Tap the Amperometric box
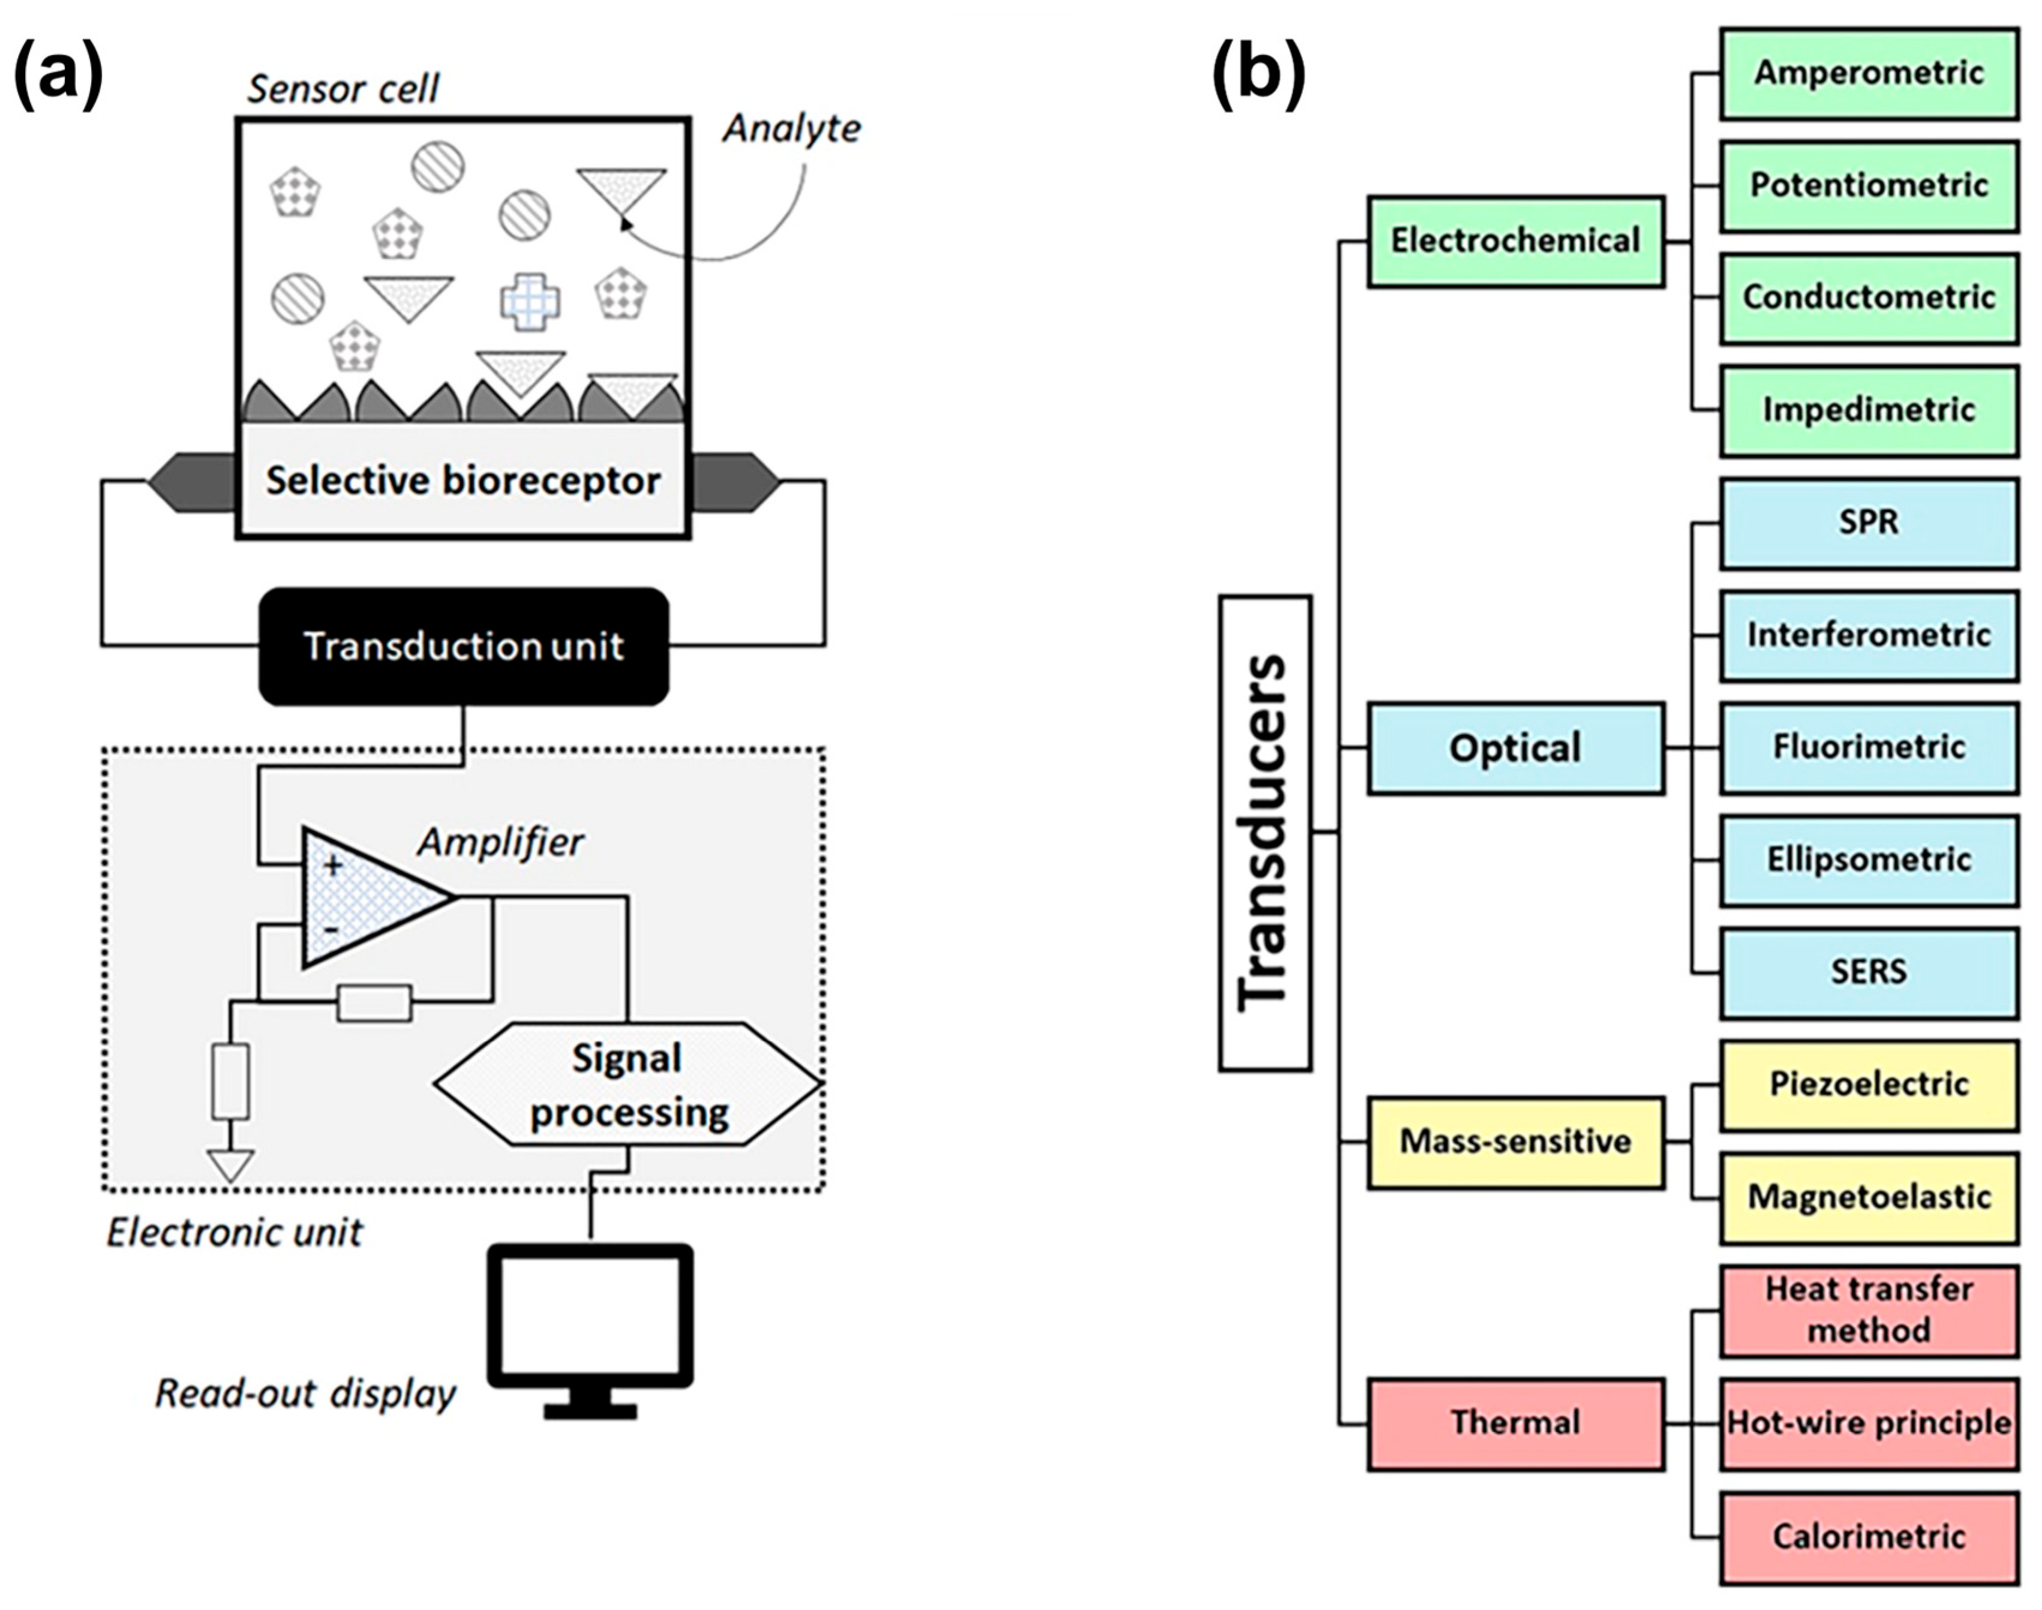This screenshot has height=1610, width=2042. [1869, 74]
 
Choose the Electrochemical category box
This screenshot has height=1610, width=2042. [1515, 241]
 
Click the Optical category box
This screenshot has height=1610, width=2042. [1515, 749]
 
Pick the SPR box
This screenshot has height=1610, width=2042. [1869, 523]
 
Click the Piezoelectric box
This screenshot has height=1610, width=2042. [1869, 1085]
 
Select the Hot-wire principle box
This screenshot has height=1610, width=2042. [1869, 1423]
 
